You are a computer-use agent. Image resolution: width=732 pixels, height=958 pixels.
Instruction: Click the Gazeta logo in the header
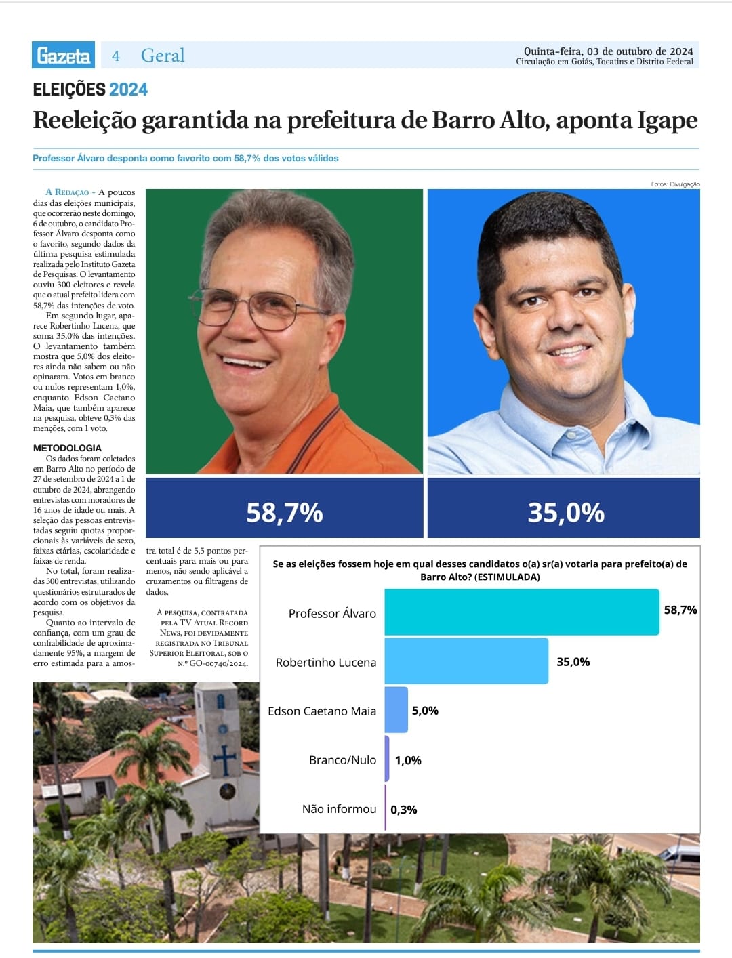point(64,56)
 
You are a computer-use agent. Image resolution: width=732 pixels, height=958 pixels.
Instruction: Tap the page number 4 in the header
point(116,56)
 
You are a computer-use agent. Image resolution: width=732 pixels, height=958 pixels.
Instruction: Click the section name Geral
point(163,56)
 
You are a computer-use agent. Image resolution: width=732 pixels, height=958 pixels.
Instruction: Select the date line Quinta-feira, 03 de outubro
point(608,51)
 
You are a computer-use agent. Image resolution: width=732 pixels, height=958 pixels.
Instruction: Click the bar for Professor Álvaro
point(521,612)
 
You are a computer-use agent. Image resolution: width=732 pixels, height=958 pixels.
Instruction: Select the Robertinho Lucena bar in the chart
point(466,661)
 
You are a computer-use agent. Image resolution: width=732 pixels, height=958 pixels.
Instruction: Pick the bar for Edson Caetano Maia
point(396,710)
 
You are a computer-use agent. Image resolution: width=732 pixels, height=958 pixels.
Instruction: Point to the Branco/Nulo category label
point(342,760)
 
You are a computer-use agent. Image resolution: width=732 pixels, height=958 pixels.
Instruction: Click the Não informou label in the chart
point(339,809)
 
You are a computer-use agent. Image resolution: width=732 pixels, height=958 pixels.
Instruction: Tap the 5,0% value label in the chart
point(425,711)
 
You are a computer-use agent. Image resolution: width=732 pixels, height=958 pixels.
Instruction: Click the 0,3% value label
point(404,810)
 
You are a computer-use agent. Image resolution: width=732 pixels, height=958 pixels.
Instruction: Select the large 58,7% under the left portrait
point(284,512)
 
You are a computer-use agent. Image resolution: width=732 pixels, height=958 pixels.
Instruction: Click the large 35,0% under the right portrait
point(565,512)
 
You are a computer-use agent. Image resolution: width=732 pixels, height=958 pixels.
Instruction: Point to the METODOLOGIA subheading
point(67,448)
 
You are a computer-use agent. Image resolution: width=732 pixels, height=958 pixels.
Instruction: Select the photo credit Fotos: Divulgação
point(675,184)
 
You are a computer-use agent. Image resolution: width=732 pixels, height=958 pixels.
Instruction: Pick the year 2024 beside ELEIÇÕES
point(128,89)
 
